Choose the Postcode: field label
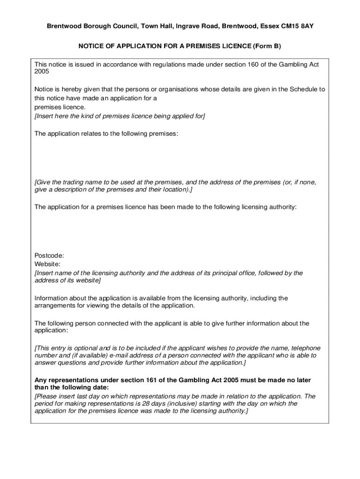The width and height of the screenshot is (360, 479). pos(50,255)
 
